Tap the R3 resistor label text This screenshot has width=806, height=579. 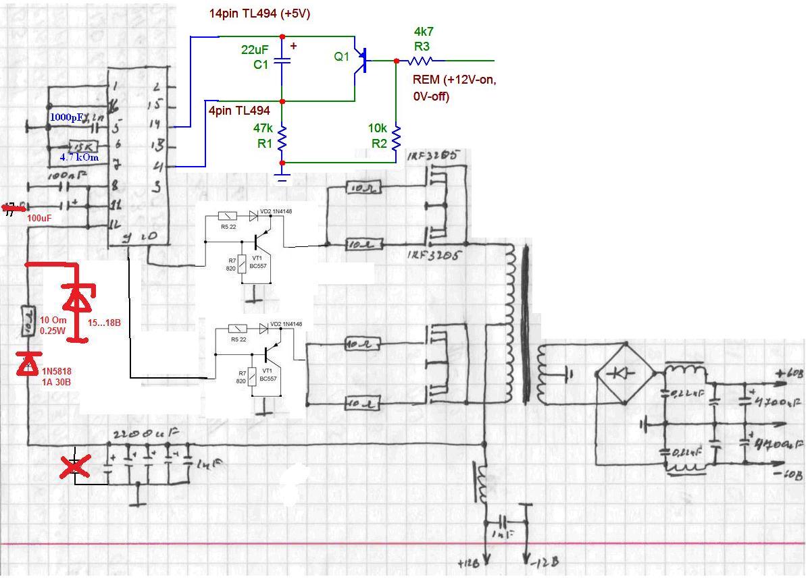pos(422,46)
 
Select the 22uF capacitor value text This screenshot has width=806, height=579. pos(255,50)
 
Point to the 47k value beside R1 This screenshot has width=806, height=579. pos(263,128)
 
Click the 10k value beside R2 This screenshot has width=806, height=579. pos(378,128)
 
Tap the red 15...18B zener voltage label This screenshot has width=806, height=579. pos(104,323)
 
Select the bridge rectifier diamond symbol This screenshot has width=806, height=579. pos(624,373)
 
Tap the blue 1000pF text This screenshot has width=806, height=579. pos(68,117)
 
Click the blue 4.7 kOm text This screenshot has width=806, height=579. pos(80,157)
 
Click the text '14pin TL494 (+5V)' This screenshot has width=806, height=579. pos(259,13)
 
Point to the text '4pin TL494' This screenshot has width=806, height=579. pos(239,111)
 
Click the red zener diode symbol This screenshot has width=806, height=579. pos(78,296)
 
